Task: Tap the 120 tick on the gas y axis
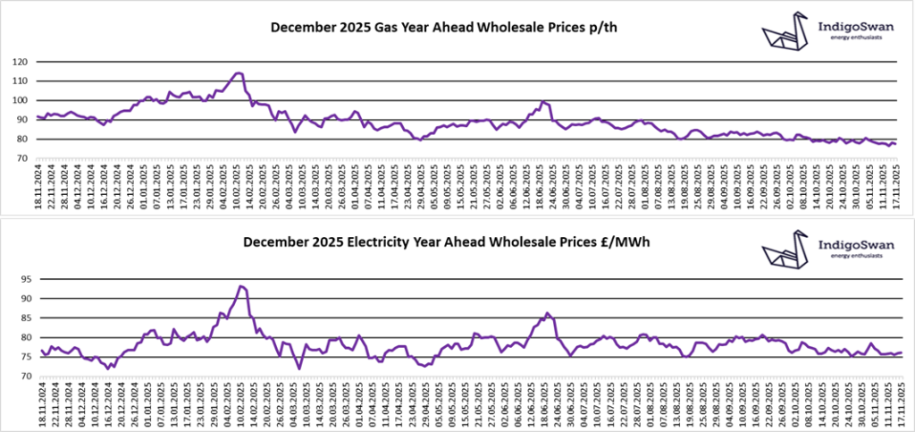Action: tap(19, 62)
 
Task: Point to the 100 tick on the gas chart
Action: tap(19, 100)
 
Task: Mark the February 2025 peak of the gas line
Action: tap(239, 73)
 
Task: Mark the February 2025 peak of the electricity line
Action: tap(241, 286)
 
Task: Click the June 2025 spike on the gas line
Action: tap(544, 102)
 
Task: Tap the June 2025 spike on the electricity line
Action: tap(548, 313)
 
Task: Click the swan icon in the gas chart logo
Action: tap(785, 33)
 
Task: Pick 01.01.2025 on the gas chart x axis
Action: tap(146, 185)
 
